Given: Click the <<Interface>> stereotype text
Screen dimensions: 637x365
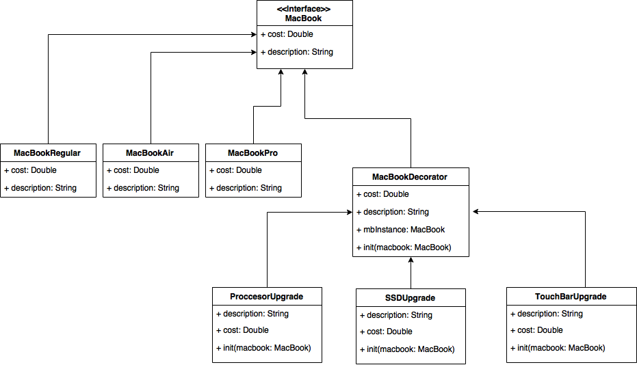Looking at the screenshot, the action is [304, 8].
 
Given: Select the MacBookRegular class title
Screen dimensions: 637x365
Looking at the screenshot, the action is [47, 153].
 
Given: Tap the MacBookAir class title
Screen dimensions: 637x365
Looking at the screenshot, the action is [149, 153].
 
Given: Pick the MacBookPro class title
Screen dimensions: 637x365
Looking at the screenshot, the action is [252, 153].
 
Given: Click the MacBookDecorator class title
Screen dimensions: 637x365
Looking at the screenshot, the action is [409, 177].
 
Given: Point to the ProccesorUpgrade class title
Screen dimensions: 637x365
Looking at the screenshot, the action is [267, 297].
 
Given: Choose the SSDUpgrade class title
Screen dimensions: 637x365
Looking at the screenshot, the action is [410, 298].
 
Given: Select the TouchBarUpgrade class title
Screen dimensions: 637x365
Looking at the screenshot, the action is [571, 297].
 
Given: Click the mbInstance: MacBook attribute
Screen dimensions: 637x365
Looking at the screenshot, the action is [400, 230].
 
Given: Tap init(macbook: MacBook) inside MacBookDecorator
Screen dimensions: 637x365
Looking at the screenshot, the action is [404, 247].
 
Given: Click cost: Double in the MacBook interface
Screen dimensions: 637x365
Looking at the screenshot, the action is [287, 34].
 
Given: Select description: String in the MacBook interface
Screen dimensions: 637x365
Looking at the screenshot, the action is [297, 52].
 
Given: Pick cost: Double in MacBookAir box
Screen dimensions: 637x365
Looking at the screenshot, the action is [133, 170].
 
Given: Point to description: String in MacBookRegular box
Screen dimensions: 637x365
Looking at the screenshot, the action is [40, 188].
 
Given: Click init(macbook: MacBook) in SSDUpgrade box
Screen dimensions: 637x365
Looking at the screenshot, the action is [407, 349].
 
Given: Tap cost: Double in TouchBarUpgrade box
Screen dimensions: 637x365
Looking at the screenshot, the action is [536, 331].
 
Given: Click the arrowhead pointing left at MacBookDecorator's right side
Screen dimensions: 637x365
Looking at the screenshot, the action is [476, 211].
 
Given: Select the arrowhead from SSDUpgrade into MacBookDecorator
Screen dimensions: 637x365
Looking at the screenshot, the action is [411, 260].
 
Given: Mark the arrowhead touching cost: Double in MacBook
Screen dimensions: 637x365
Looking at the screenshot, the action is [254, 34].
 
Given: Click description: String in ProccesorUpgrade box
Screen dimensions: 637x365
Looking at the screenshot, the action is [252, 314].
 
